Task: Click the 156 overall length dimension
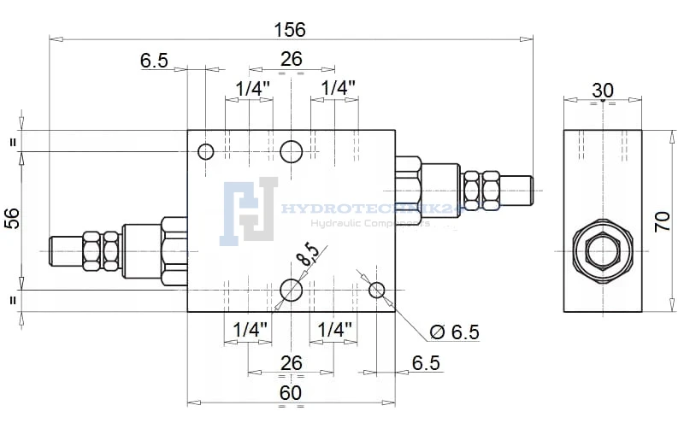point(290,29)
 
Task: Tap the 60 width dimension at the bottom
point(291,392)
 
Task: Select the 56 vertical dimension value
point(12,219)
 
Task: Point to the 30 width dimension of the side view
point(602,90)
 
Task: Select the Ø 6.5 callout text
point(456,332)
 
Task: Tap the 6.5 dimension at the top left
point(154,60)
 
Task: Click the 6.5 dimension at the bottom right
point(426,363)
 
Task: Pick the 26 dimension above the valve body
point(292,59)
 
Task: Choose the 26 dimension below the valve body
point(292,363)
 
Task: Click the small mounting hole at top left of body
point(205,152)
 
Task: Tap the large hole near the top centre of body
point(292,151)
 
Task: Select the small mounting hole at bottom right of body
point(377,291)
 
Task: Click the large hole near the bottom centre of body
point(292,291)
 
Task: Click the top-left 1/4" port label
point(252,88)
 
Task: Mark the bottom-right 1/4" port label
point(334,330)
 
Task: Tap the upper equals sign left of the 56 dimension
point(13,142)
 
